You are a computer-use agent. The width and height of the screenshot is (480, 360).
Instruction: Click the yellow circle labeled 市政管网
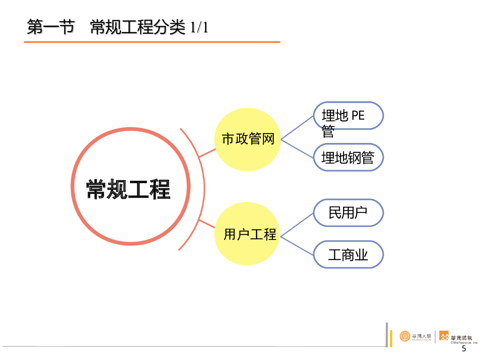(x=248, y=139)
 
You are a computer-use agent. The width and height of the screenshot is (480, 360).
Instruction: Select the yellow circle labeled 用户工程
(x=248, y=233)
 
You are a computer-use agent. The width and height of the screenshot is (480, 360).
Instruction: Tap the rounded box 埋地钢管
(x=348, y=157)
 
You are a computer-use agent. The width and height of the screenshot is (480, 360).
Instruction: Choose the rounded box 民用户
(x=348, y=213)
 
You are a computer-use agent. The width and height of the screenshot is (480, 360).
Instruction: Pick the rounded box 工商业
(x=348, y=255)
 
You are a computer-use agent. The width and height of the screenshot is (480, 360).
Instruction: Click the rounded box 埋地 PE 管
(x=348, y=116)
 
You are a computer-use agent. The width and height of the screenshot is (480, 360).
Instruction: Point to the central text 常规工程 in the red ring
(x=128, y=189)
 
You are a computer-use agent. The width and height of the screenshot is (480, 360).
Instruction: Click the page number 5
(x=464, y=349)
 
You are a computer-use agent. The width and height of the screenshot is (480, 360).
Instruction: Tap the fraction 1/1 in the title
(x=199, y=28)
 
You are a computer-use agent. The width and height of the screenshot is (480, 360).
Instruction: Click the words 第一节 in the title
(x=51, y=28)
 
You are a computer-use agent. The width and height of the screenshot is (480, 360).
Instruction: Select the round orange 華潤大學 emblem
(x=405, y=336)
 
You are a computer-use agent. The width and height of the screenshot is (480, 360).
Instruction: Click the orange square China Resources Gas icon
(x=443, y=336)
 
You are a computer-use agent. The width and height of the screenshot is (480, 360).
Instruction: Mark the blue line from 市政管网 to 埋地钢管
(x=297, y=148)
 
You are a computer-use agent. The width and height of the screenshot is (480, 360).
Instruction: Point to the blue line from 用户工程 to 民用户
(x=297, y=223)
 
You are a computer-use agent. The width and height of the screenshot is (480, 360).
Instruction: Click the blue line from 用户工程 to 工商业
(x=297, y=244)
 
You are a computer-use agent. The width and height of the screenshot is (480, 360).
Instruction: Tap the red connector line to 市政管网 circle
(x=207, y=153)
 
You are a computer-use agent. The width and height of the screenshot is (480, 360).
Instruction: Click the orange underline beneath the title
(x=152, y=42)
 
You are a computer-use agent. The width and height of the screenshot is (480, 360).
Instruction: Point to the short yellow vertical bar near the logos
(x=391, y=338)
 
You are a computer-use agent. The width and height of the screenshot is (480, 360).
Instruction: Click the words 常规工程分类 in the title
(x=138, y=28)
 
